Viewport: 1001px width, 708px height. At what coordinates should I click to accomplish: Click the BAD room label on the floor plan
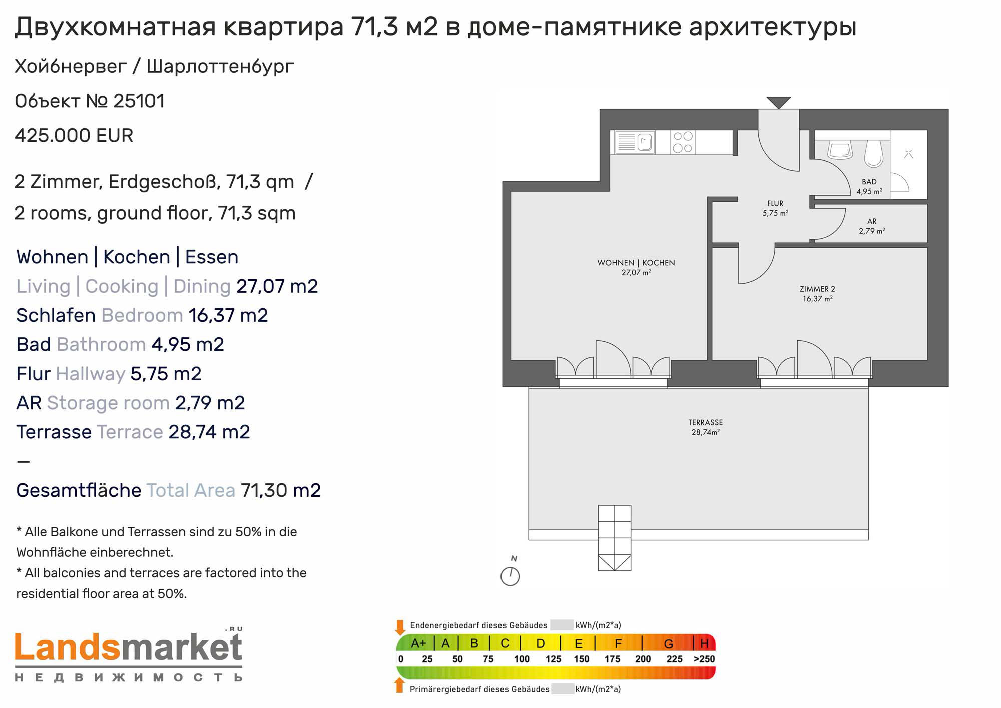pyautogui.click(x=869, y=182)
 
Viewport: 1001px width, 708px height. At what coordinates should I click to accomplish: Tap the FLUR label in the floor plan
pyautogui.click(x=775, y=203)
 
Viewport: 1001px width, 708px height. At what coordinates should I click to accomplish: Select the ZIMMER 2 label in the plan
pyautogui.click(x=817, y=289)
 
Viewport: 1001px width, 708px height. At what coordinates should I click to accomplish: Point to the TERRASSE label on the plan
pyautogui.click(x=705, y=422)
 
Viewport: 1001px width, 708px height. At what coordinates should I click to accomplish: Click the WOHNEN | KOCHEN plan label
pyautogui.click(x=636, y=263)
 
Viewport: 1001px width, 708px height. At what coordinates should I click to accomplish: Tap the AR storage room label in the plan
pyautogui.click(x=872, y=221)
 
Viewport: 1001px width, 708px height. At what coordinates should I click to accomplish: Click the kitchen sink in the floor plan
pyautogui.click(x=635, y=142)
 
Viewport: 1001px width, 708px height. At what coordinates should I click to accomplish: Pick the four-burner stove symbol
pyautogui.click(x=683, y=142)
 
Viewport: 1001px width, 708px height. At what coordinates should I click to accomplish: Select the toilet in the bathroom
pyautogui.click(x=874, y=152)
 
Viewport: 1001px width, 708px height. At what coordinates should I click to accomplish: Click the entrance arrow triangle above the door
pyautogui.click(x=778, y=102)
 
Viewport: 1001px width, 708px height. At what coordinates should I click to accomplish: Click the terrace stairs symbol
pyautogui.click(x=614, y=538)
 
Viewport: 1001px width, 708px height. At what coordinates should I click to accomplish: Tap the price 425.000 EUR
pyautogui.click(x=74, y=136)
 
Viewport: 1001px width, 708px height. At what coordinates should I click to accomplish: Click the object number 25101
pyautogui.click(x=139, y=101)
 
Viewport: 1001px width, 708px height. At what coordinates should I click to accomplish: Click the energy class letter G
pyautogui.click(x=668, y=643)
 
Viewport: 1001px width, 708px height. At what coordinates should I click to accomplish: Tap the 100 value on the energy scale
pyautogui.click(x=522, y=659)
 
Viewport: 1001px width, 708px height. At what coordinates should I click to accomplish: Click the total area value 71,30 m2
pyautogui.click(x=281, y=490)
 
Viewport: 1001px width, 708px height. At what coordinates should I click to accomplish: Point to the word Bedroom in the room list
pyautogui.click(x=142, y=315)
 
